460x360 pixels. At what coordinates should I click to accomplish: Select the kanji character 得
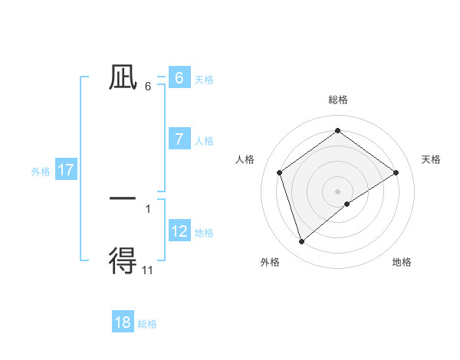(x=123, y=260)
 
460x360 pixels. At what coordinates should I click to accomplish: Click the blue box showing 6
(x=179, y=78)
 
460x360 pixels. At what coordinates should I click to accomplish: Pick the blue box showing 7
(x=179, y=139)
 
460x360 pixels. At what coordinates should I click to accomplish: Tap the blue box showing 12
(x=179, y=231)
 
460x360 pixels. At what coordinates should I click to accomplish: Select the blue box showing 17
(x=66, y=170)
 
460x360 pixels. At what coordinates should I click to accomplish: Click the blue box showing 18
(x=123, y=322)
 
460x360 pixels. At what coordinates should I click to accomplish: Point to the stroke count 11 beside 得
(x=148, y=270)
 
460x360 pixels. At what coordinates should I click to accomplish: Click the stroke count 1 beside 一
(x=148, y=208)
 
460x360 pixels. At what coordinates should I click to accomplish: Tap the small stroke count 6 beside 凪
(x=148, y=87)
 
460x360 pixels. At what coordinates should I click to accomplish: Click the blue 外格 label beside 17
(x=41, y=172)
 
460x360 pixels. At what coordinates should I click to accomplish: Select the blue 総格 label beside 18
(x=147, y=324)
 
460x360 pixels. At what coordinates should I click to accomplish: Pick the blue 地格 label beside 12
(x=204, y=233)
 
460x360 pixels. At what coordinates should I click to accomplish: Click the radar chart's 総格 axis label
(x=338, y=100)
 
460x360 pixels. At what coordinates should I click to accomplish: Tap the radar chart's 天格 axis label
(x=432, y=159)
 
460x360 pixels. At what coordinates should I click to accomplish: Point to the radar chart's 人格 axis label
(x=245, y=159)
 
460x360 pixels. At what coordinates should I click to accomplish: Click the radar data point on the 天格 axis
(x=396, y=172)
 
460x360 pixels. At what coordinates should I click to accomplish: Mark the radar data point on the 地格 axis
(x=347, y=204)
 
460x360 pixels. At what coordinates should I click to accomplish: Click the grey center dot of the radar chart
(x=338, y=191)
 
